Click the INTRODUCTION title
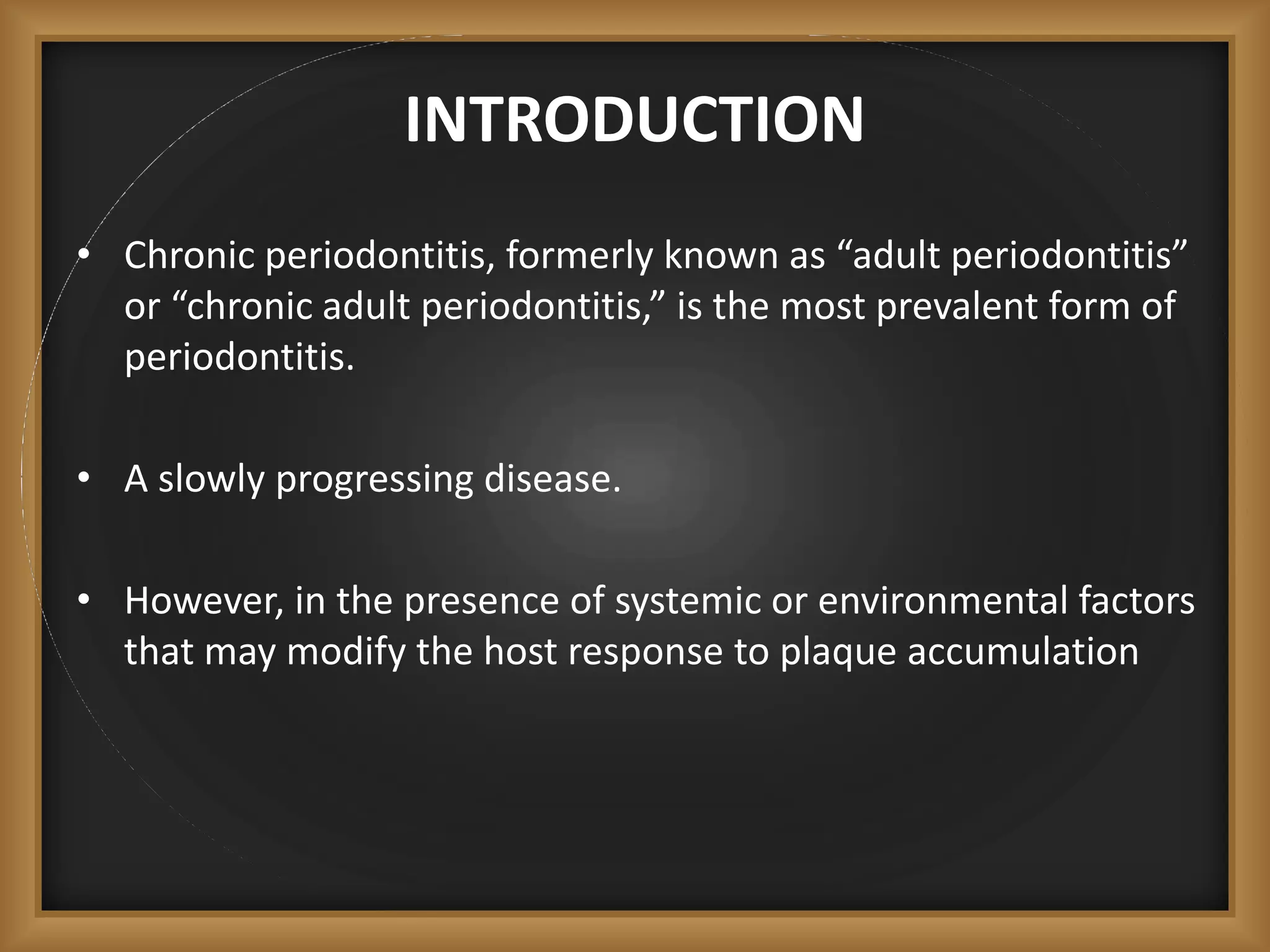pos(634,120)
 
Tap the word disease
pos(552,479)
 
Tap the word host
pos(520,652)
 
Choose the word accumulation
pos(1023,652)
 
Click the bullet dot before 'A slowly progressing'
pos(85,478)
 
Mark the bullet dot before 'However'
pos(85,599)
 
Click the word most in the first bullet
pos(822,306)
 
